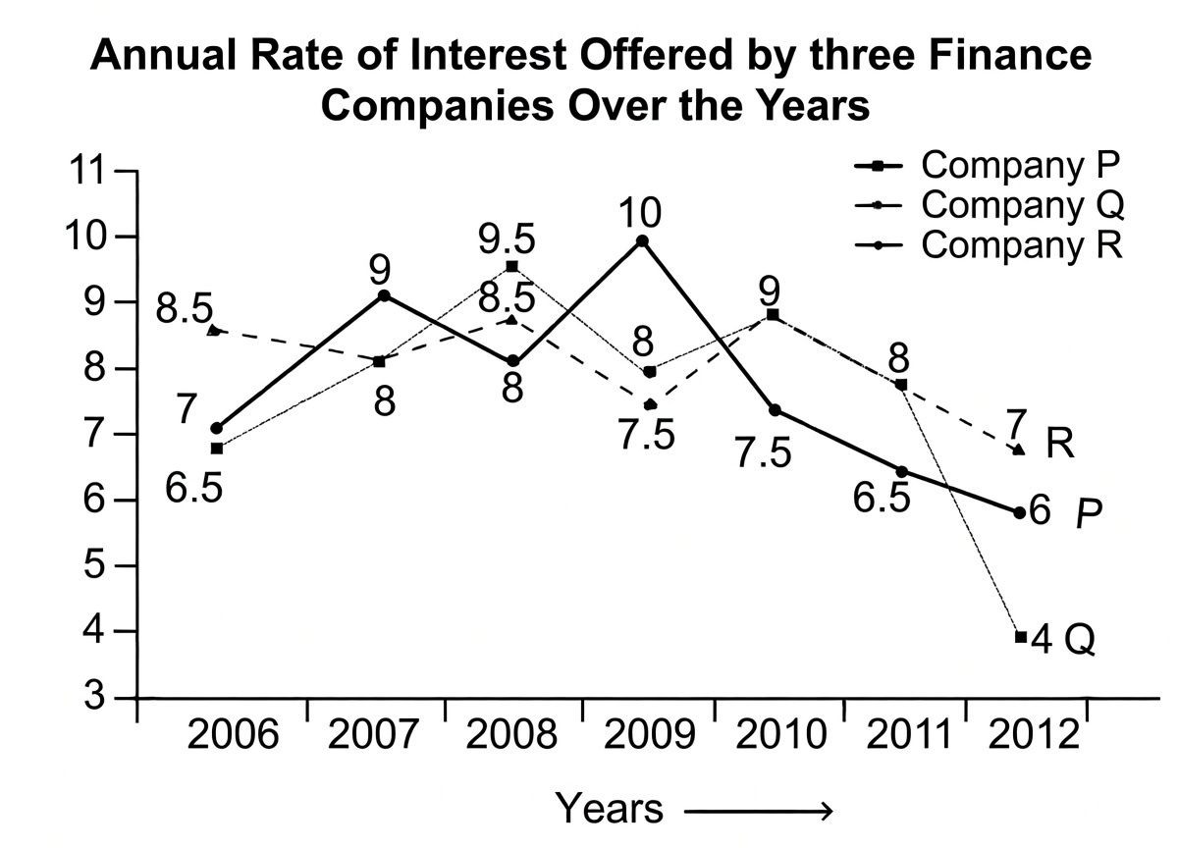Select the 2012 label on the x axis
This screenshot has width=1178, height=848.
1031,733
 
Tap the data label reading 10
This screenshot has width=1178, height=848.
640,210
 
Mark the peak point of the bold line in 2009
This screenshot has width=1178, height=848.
641,240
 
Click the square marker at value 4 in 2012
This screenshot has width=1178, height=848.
1020,637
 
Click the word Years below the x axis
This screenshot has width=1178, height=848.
610,809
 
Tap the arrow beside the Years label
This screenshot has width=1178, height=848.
758,811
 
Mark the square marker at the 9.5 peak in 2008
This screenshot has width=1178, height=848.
511,266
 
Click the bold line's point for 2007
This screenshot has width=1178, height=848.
385,295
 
